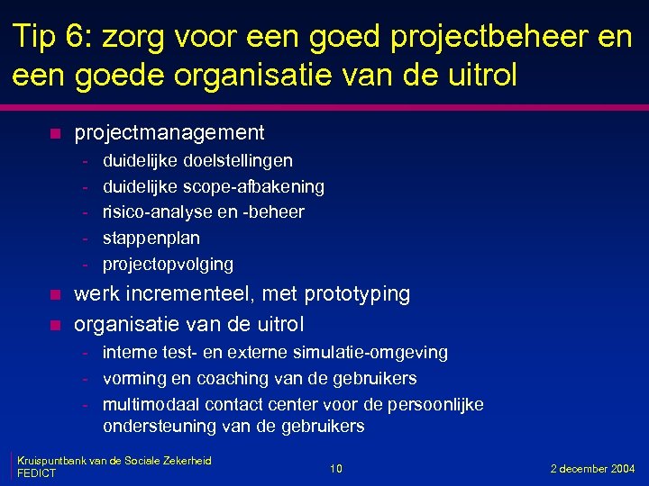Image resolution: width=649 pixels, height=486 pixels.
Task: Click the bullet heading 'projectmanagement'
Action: (169, 133)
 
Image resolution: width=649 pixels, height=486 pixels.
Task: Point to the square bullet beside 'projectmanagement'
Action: (55, 134)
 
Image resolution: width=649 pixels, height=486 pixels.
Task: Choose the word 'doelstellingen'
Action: (238, 160)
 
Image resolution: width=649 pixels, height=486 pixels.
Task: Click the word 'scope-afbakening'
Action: (253, 186)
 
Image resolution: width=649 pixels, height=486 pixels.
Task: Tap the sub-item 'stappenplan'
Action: (151, 238)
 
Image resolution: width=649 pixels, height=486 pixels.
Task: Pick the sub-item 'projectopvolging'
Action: (168, 265)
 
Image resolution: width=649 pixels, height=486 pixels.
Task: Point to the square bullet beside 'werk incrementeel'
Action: (55, 295)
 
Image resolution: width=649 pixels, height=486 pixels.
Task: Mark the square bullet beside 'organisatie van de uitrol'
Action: (55, 324)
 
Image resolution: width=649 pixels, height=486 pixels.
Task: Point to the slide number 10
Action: (335, 469)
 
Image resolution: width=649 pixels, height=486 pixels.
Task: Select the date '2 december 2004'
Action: (593, 469)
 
